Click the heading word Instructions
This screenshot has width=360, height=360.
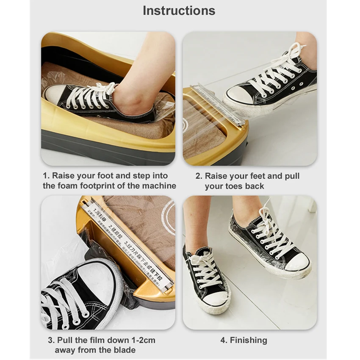coord(179,11)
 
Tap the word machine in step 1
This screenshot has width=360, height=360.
coord(160,186)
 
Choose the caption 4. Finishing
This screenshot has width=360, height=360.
coord(244,340)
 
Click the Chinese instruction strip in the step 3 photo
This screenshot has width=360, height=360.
coord(127,246)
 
